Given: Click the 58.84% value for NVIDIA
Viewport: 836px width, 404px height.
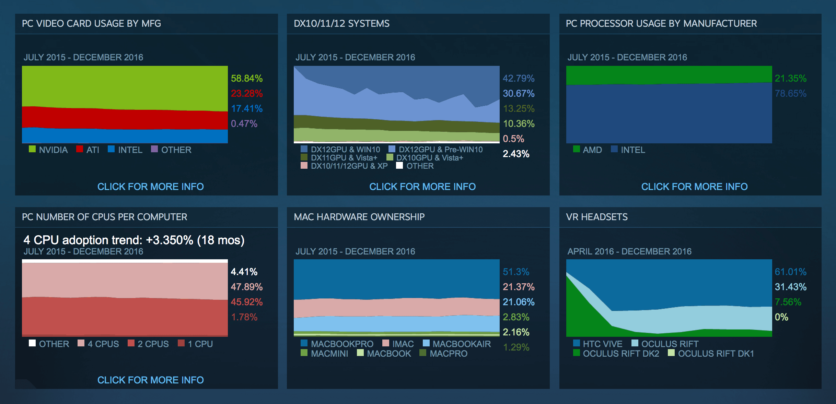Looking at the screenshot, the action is click(x=247, y=78).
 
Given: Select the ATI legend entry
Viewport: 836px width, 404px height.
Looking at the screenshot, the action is click(x=88, y=150).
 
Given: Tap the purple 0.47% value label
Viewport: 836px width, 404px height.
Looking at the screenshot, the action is click(x=244, y=123).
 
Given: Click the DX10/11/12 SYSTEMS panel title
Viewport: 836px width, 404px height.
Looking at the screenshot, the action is click(x=341, y=23).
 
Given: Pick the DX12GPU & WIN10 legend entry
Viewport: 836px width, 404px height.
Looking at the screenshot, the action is click(x=340, y=149).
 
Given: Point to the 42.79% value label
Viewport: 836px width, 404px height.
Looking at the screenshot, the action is click(x=519, y=78).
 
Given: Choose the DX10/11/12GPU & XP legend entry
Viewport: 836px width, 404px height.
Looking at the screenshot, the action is click(x=344, y=166).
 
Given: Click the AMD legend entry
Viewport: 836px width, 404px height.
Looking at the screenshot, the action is click(x=588, y=150).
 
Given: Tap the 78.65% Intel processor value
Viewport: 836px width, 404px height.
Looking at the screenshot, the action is click(x=790, y=93).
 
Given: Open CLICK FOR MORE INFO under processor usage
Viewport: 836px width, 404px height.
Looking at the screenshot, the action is click(x=694, y=187).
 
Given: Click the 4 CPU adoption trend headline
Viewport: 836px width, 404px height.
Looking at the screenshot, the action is click(x=134, y=240).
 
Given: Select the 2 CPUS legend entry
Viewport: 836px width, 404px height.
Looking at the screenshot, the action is click(x=148, y=344).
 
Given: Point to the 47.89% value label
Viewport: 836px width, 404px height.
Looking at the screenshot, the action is click(x=247, y=287).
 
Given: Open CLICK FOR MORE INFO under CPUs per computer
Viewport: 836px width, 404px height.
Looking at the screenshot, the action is click(x=150, y=380).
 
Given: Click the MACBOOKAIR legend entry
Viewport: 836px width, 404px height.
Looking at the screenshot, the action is click(x=457, y=344).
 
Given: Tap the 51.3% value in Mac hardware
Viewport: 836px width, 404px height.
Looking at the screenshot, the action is click(x=516, y=272).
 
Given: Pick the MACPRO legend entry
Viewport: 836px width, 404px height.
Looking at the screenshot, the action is click(x=443, y=353).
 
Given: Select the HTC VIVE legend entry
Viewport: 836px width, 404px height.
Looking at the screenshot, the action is click(x=597, y=344).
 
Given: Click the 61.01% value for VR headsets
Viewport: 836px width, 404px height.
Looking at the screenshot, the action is click(x=790, y=272).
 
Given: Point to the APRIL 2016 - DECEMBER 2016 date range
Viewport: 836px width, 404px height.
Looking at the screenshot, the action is click(x=629, y=251).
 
